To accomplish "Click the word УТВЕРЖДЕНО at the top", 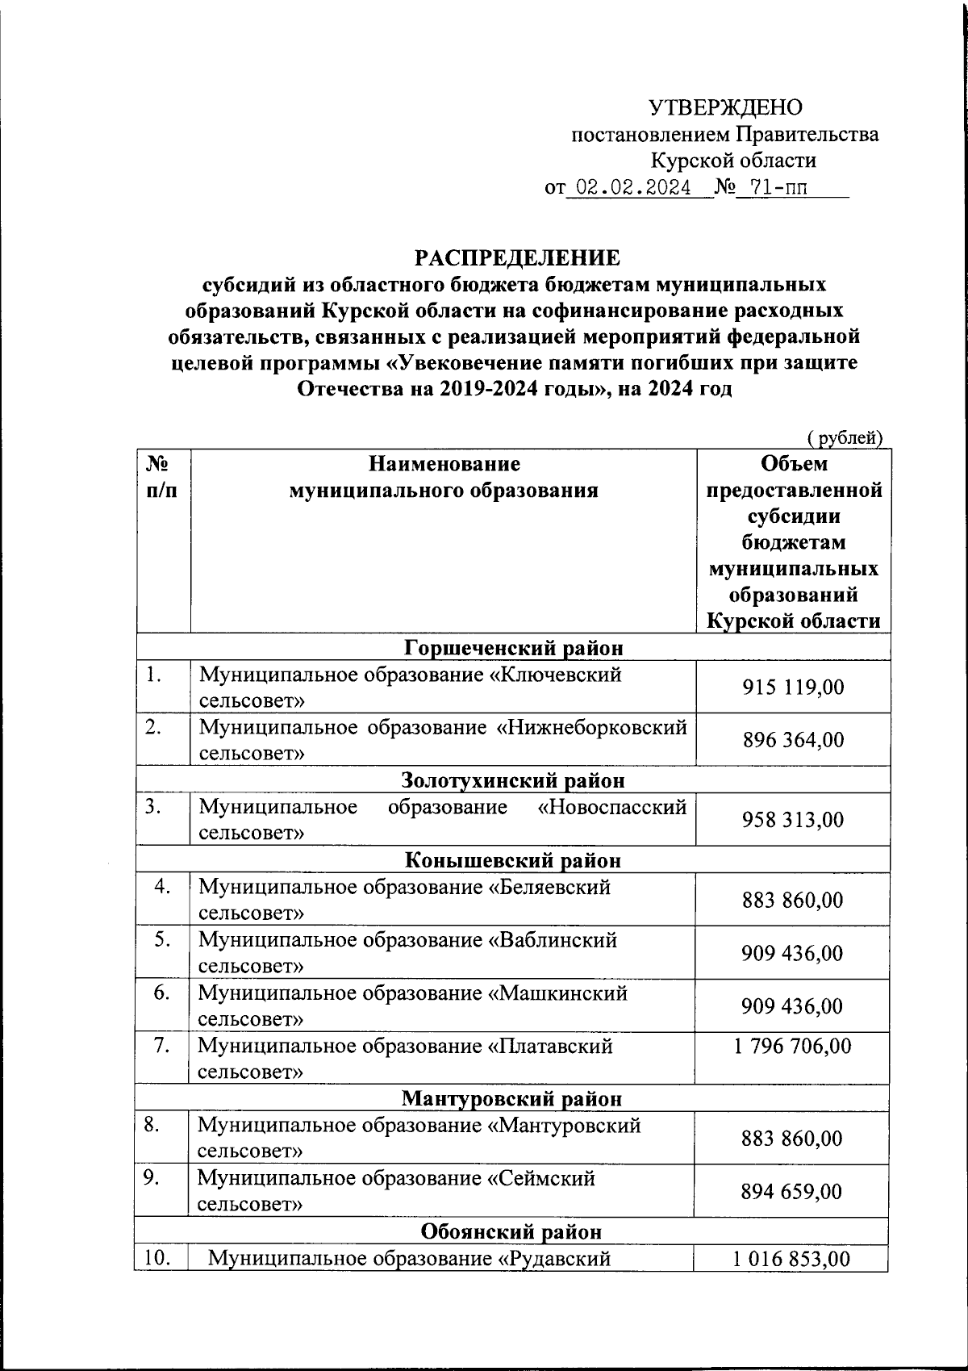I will click(725, 107).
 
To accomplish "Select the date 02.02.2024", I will click(634, 188).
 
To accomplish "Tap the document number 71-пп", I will click(778, 188).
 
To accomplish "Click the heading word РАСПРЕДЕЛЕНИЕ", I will click(517, 258).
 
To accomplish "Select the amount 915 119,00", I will click(793, 687).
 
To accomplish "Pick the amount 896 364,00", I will click(793, 739).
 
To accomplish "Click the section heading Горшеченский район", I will click(514, 647).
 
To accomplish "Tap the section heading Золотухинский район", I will click(513, 780).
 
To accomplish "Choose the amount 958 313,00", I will click(793, 820).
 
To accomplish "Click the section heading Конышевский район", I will click(513, 859).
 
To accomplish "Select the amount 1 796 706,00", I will click(792, 1047).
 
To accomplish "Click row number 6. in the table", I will click(162, 993).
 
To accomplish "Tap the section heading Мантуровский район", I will click(512, 1098).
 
